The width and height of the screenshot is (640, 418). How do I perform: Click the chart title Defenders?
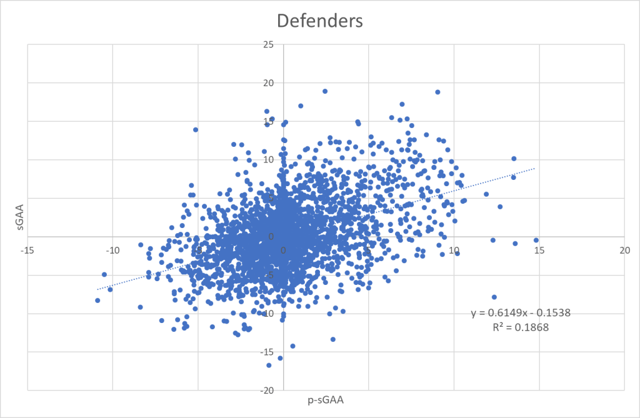(x=319, y=21)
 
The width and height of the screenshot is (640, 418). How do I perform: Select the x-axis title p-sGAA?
(x=325, y=400)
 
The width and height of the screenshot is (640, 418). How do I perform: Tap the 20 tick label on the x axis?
(x=624, y=250)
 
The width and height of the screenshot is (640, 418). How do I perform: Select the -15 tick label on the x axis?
(x=27, y=250)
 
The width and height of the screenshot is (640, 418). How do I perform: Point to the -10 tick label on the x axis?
(x=112, y=250)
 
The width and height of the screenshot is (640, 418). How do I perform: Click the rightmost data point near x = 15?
(x=536, y=240)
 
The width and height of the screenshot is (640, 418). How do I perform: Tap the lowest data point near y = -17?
(x=269, y=365)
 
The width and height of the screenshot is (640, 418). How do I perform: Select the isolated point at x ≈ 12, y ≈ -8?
(x=494, y=297)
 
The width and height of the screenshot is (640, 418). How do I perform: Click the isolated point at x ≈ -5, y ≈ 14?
(x=196, y=129)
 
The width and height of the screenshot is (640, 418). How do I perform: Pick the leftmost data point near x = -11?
(x=97, y=301)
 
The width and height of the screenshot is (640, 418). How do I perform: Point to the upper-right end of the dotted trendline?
(x=535, y=167)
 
